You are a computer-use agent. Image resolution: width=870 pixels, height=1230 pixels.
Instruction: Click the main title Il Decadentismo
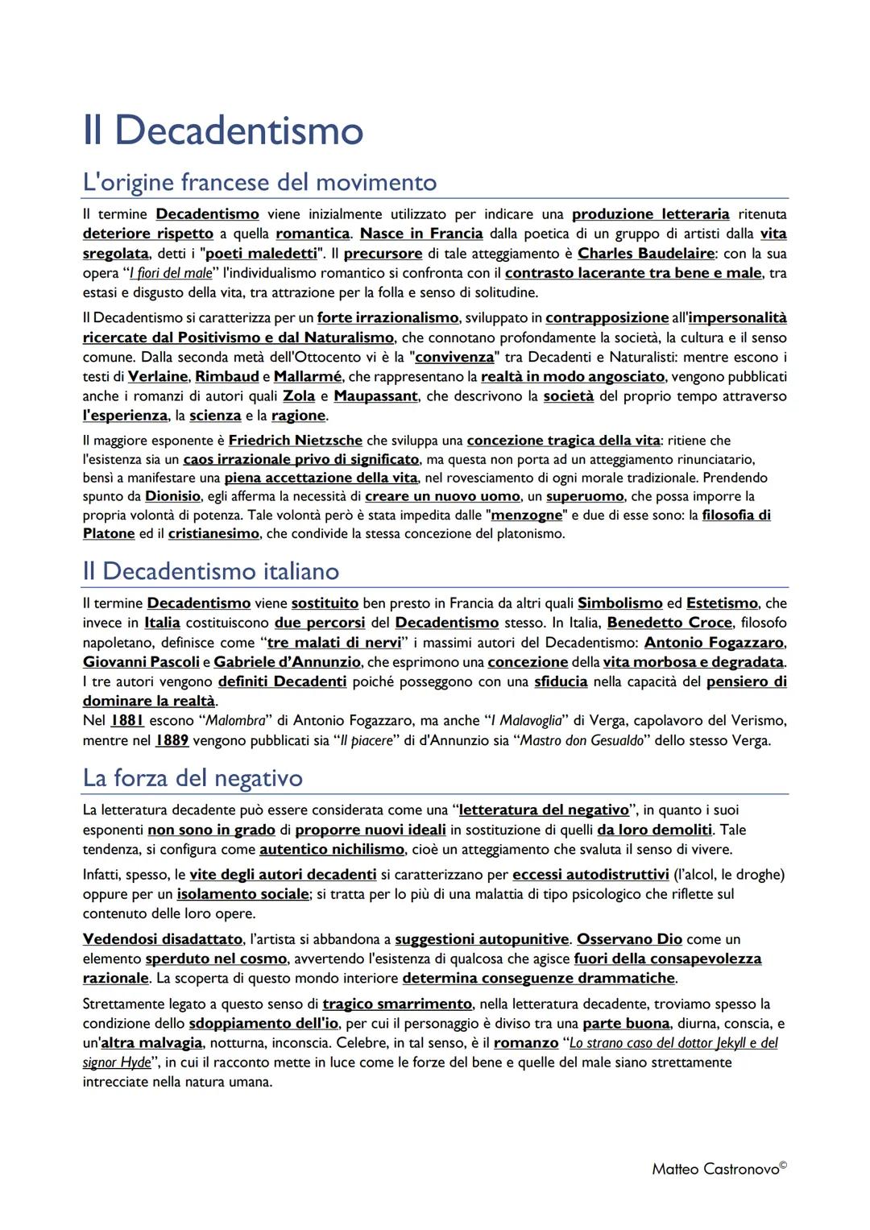coord(223,130)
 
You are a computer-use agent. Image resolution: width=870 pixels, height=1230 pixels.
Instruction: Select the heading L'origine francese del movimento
coord(259,182)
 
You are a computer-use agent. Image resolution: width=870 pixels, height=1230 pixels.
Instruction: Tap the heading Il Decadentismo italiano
coord(211,571)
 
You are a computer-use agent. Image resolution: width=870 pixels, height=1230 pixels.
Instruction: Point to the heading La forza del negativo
coord(193,777)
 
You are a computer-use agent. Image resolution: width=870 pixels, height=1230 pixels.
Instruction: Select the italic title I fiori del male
coord(171,273)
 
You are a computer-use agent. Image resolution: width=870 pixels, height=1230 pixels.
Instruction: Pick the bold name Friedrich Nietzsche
coord(295,440)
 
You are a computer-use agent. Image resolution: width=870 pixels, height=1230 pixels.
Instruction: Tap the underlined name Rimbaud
coord(227,376)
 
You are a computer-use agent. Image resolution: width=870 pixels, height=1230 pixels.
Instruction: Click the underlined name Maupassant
coord(375,396)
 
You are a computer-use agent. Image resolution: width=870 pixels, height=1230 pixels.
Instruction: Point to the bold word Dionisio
coord(172,496)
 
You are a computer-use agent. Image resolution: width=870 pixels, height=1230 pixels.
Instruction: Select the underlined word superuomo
coord(585,496)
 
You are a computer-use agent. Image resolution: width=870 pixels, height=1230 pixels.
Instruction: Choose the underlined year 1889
coord(172,739)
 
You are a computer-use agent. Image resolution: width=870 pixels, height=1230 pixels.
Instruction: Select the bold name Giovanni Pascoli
coord(141,661)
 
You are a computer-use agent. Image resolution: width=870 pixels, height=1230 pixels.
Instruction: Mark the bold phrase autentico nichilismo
coord(332,849)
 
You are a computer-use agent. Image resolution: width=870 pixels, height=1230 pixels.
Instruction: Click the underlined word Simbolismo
coord(619,603)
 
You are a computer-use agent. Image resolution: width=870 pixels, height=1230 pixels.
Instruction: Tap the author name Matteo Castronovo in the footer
coord(715,1169)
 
